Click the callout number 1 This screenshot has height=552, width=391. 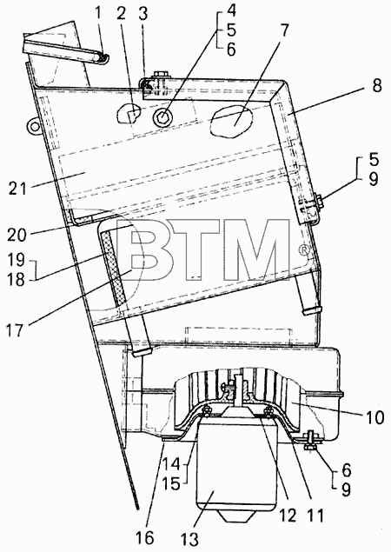coord(97,14)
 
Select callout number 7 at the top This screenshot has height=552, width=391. coord(284,30)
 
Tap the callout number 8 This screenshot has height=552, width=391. coord(376,85)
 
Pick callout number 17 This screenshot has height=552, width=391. coord(17,330)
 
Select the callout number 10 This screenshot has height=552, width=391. coord(374,417)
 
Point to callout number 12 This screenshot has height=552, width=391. coord(288,516)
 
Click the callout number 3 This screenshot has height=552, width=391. coord(142,15)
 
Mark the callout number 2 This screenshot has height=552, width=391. coord(121,14)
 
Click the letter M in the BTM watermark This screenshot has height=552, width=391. coord(259,250)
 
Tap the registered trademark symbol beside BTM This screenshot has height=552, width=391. coord(304,249)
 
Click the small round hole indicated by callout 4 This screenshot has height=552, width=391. coord(162,116)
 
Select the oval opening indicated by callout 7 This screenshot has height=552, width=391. coord(231,121)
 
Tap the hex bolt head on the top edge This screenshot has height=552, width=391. coord(161,75)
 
